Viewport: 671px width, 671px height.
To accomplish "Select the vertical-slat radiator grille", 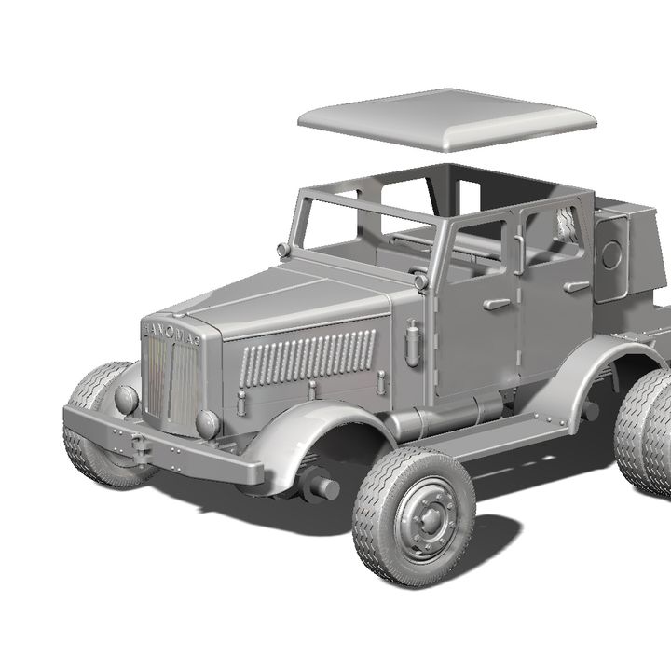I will [x=171, y=377].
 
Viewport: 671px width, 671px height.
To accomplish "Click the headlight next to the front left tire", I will [x=125, y=400].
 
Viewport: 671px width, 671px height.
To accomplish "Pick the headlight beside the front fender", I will [x=207, y=424].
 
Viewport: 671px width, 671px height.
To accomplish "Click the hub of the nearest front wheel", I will [x=424, y=518].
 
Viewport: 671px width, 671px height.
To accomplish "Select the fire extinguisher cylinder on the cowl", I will [x=412, y=342].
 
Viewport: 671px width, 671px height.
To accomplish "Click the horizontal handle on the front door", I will [x=496, y=304].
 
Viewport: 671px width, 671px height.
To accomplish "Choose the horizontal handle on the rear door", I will [x=577, y=286].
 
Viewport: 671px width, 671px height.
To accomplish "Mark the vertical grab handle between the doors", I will [x=516, y=253].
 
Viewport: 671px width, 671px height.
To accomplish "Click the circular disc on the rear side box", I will [x=612, y=254].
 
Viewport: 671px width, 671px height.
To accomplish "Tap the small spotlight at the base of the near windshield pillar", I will [x=420, y=281].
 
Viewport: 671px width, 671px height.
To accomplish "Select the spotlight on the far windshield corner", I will [x=283, y=250].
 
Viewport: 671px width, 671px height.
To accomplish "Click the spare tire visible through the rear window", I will [x=565, y=224].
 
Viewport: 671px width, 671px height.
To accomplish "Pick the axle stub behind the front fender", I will [x=320, y=486].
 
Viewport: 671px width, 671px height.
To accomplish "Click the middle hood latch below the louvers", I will [x=311, y=390].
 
